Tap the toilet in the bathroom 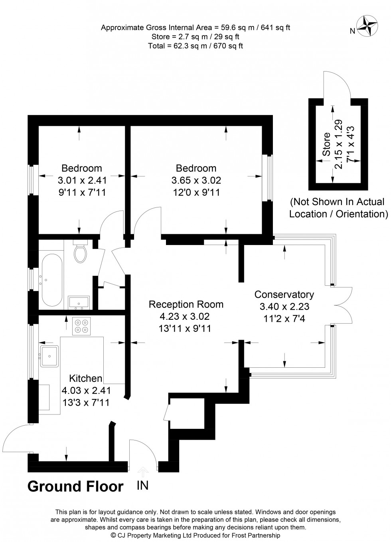[81, 251]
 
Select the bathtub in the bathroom [52, 280]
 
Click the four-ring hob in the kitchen [81, 326]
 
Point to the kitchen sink [49, 357]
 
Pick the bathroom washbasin [79, 303]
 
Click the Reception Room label [186, 304]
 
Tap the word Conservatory [284, 294]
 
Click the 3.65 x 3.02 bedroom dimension [196, 180]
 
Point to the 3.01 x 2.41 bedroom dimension [82, 180]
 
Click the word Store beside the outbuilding [326, 144]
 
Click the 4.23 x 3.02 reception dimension [184, 316]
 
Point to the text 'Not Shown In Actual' [337, 202]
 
